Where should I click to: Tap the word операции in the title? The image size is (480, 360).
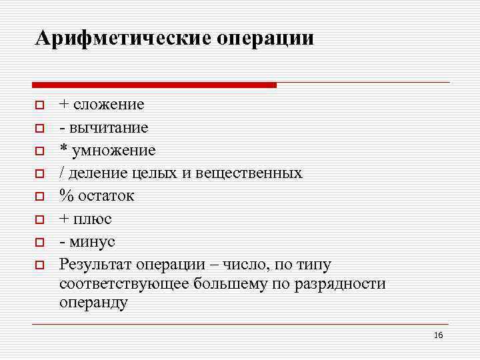[265, 38]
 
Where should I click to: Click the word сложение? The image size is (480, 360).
[109, 105]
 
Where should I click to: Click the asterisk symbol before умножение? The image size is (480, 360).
[63, 149]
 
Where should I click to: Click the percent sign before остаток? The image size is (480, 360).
[66, 196]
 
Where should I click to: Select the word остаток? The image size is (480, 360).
[106, 196]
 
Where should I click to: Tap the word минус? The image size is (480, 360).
[91, 241]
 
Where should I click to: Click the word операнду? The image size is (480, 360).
[93, 303]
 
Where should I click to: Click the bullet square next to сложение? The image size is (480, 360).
[40, 105]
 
